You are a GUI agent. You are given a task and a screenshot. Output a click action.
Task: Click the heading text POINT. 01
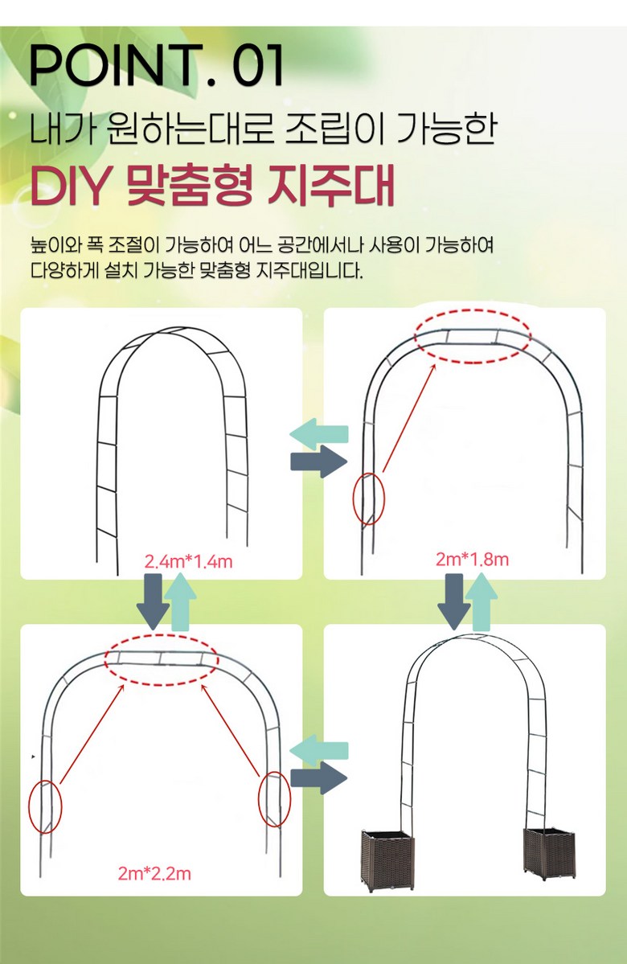click(x=157, y=64)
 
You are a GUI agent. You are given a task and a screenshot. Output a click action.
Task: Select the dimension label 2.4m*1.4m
click(x=189, y=561)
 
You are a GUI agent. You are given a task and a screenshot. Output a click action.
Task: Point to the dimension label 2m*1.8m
click(x=472, y=560)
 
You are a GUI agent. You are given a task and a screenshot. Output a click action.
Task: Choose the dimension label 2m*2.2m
click(x=154, y=873)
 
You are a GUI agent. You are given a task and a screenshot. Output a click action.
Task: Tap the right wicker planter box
click(x=550, y=853)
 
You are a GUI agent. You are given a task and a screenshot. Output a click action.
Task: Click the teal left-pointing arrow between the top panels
click(x=319, y=434)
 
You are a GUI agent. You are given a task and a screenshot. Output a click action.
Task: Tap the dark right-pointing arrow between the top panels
click(x=319, y=461)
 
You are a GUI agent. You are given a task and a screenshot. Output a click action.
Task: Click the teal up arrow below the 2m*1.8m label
click(x=481, y=602)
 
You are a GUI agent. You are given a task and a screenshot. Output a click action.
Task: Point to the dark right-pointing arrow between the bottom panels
click(x=319, y=777)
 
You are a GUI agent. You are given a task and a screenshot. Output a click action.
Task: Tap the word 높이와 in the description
click(x=56, y=244)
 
